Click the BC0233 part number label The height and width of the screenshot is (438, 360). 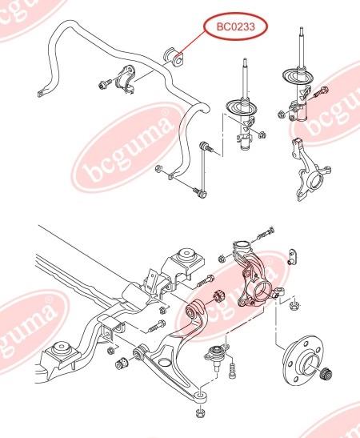(236, 26)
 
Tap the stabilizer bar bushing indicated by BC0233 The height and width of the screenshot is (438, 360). (173, 57)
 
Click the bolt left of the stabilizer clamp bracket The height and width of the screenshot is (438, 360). (105, 83)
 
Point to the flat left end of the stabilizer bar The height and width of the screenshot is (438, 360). (41, 94)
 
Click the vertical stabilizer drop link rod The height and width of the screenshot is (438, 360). (202, 169)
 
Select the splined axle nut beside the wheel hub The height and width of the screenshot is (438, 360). (327, 374)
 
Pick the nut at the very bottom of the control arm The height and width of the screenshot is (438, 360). (200, 413)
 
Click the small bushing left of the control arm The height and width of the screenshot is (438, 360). (122, 362)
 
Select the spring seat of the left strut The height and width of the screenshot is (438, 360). (241, 107)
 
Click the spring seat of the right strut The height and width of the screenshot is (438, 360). (298, 76)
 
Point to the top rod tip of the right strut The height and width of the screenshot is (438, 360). (301, 29)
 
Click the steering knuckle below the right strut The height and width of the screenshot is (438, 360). (310, 172)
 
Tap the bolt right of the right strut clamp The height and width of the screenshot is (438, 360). (321, 92)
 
